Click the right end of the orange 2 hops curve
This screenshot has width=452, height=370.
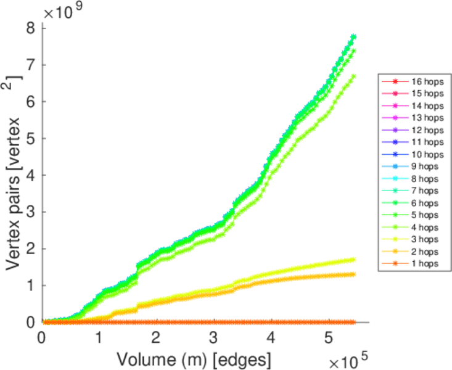pos(353,274)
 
